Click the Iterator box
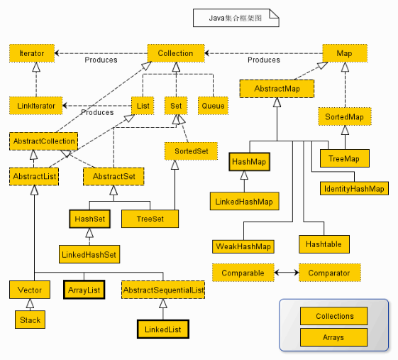(x=31, y=53)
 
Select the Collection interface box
(x=175, y=53)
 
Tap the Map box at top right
(x=344, y=53)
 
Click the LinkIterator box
(x=36, y=106)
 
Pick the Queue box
(x=213, y=106)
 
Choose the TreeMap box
(x=344, y=159)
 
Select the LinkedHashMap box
(x=243, y=202)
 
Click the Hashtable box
(x=324, y=244)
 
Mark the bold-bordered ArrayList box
(x=84, y=290)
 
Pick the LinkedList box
(x=163, y=330)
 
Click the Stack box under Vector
(x=31, y=320)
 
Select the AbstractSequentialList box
(x=163, y=290)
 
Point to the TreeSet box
(x=150, y=219)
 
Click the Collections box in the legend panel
(x=334, y=317)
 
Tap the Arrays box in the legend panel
(x=334, y=337)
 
